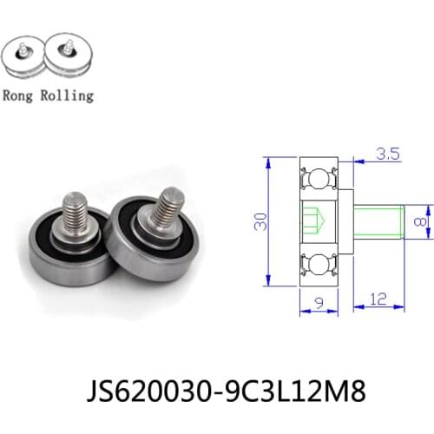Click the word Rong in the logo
22,95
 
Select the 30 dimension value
258,224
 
